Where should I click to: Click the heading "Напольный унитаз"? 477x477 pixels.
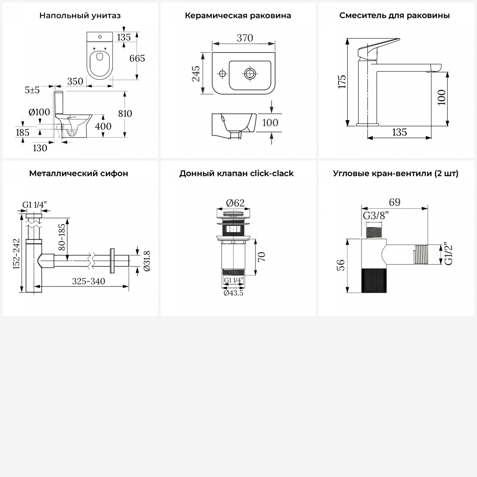tap(80, 16)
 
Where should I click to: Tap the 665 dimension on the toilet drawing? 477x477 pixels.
tap(137, 59)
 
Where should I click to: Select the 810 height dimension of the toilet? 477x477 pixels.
tap(125, 114)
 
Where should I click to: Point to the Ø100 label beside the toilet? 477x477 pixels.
tap(39, 112)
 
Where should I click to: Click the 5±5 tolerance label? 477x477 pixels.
tap(32, 90)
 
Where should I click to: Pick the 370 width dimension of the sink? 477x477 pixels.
tap(245, 38)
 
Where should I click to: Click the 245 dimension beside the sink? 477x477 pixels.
tap(196, 74)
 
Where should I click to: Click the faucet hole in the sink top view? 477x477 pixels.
tap(222, 74)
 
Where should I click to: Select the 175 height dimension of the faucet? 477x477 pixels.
tap(342, 82)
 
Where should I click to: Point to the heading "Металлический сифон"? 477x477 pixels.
tap(79, 174)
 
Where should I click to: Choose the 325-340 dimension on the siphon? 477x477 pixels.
tap(88, 281)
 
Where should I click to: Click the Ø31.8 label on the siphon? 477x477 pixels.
tap(147, 261)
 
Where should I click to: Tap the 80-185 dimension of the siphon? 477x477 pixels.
tap(62, 237)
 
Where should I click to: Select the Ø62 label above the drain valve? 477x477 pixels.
tap(235, 203)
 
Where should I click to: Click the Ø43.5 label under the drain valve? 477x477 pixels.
tap(233, 293)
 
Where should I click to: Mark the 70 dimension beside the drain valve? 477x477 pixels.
tap(261, 257)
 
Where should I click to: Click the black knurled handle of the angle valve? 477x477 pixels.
tap(374, 280)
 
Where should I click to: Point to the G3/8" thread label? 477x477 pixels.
tap(376, 216)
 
